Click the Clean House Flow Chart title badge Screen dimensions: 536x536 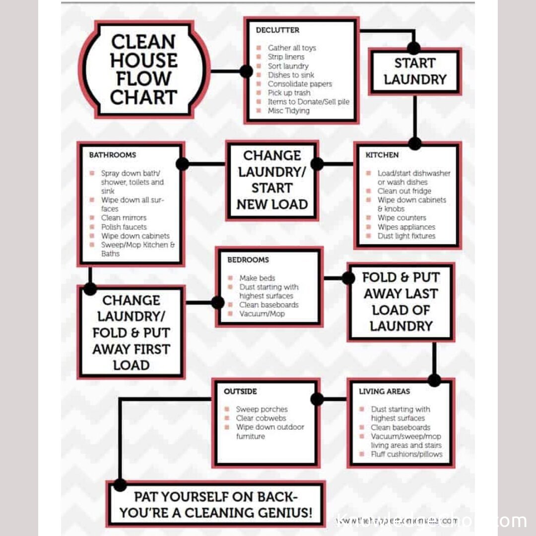click(x=143, y=69)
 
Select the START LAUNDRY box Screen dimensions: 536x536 click(x=415, y=71)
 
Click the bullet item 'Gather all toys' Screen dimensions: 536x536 click(x=292, y=48)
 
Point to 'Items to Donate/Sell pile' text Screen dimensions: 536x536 click(x=308, y=102)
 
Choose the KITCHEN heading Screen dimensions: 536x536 click(x=382, y=155)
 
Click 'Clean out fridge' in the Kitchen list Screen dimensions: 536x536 click(x=404, y=191)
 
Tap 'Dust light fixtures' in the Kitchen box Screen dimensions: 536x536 click(x=406, y=236)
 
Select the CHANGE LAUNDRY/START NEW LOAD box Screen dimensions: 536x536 click(x=272, y=180)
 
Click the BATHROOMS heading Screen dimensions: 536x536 click(x=112, y=155)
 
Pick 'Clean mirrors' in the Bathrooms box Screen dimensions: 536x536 click(x=124, y=218)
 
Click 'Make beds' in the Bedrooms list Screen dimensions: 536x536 click(x=257, y=278)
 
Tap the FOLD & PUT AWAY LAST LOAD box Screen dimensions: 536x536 click(x=401, y=302)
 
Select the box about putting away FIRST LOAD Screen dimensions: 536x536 click(x=131, y=333)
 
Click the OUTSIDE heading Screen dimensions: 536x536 click(x=240, y=392)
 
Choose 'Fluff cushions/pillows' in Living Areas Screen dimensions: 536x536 click(x=406, y=454)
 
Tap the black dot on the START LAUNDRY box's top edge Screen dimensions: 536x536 click(x=414, y=48)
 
